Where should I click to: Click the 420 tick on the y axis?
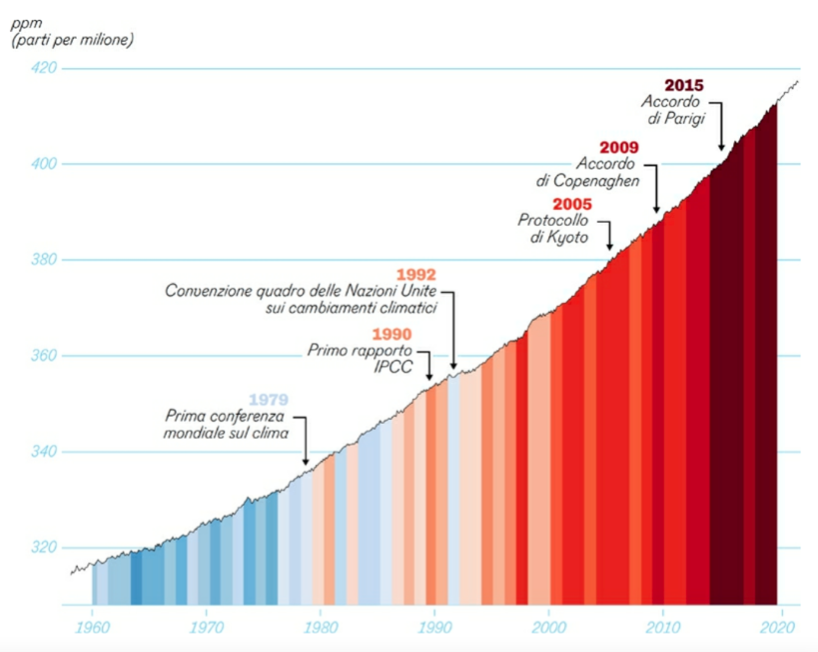pyautogui.click(x=44, y=68)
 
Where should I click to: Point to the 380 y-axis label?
pyautogui.click(x=44, y=260)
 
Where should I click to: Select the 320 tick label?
pyautogui.click(x=44, y=548)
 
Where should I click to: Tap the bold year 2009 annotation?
pyautogui.click(x=618, y=148)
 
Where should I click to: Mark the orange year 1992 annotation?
pyautogui.click(x=416, y=274)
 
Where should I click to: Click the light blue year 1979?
pyautogui.click(x=268, y=400)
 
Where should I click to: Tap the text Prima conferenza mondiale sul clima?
pyautogui.click(x=226, y=424)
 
